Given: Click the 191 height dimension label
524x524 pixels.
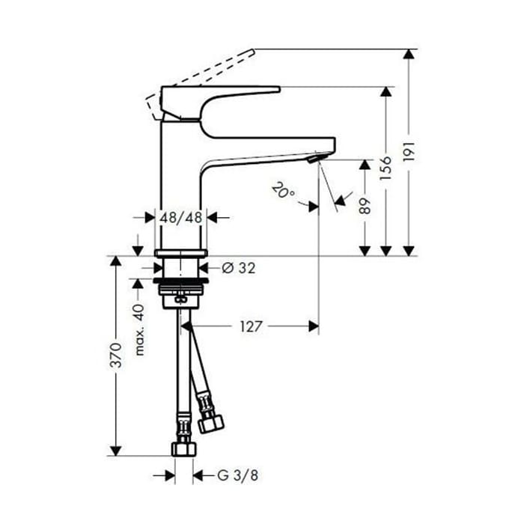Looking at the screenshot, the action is [x=409, y=152].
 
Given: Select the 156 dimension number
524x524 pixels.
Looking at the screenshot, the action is [x=386, y=168].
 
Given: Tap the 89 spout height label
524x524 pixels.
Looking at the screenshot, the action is [x=365, y=206].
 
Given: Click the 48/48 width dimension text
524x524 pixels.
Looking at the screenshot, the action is [x=181, y=218].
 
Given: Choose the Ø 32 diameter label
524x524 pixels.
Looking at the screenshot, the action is [x=239, y=268].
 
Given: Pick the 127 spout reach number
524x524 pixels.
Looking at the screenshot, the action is [x=252, y=326].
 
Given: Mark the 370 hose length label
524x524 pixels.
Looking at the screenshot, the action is [x=116, y=355].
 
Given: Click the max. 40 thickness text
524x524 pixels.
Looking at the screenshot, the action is [x=139, y=330].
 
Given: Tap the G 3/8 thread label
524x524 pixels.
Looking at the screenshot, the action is [x=238, y=475].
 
